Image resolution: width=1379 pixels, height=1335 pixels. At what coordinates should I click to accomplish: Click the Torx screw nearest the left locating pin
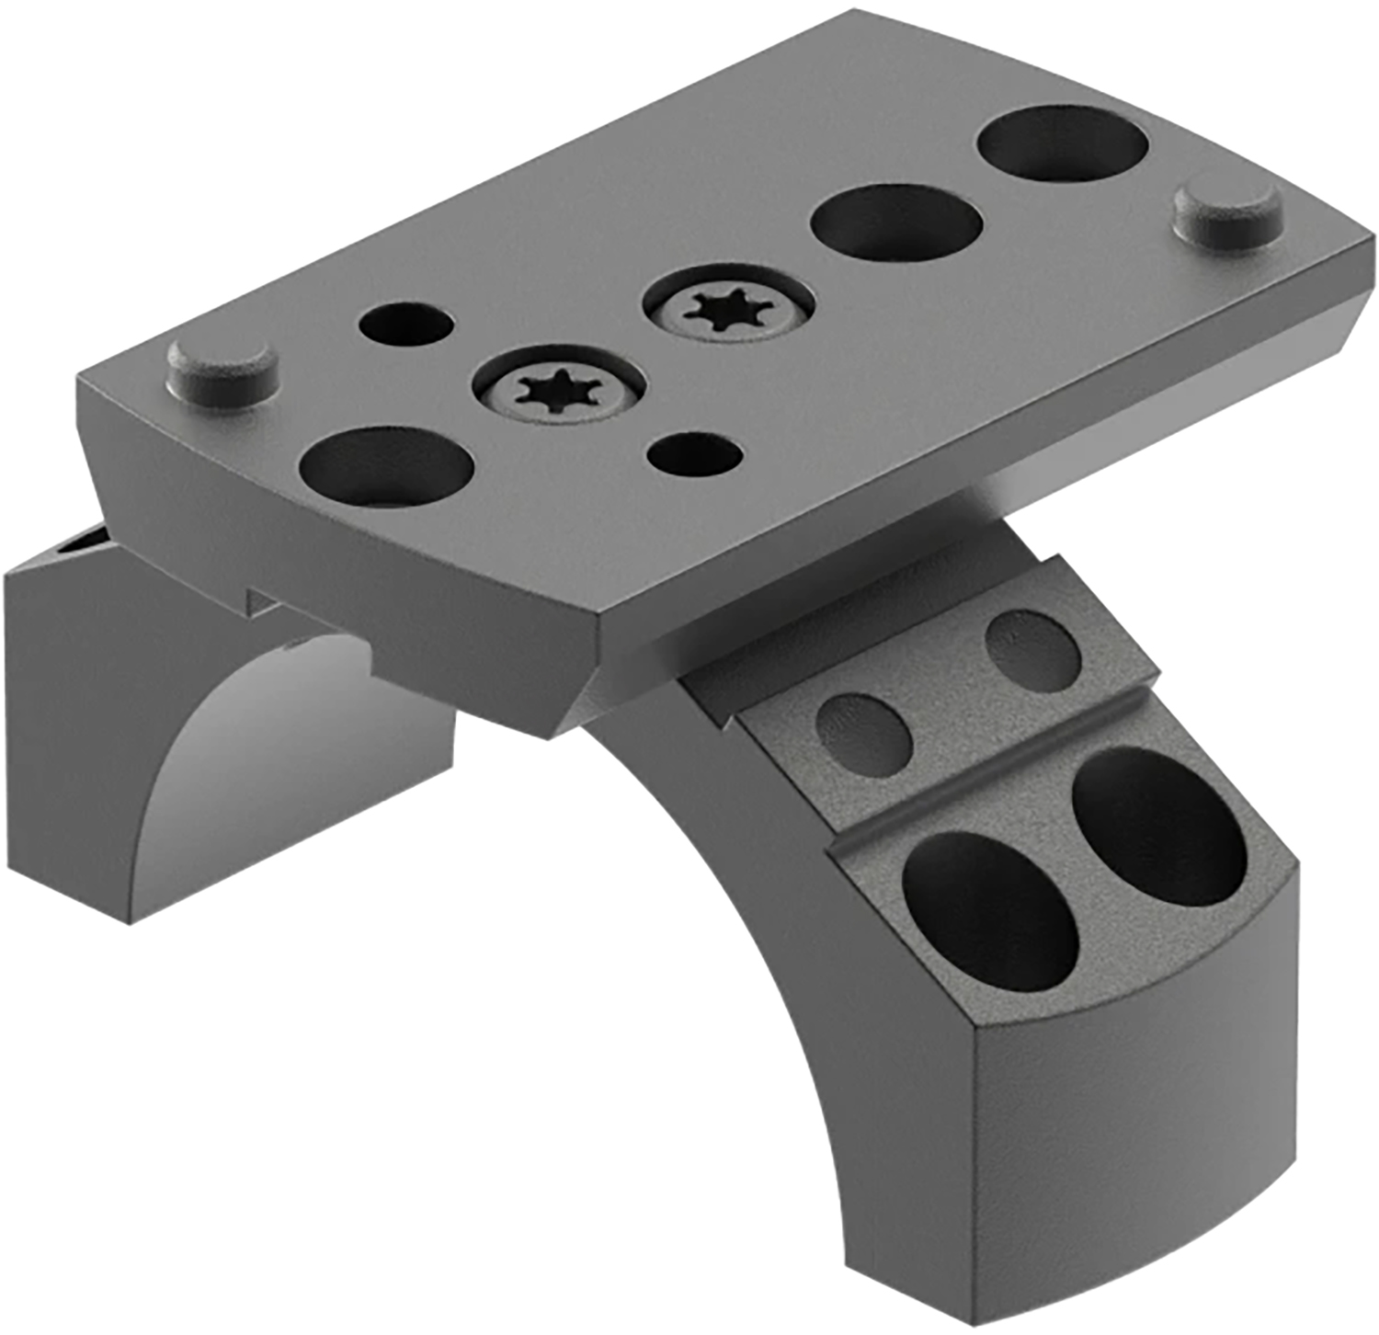click(x=558, y=392)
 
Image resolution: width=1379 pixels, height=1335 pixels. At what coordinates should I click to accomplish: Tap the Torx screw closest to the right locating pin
click(x=729, y=306)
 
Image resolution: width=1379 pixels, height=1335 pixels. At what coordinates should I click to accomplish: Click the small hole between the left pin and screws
click(x=406, y=325)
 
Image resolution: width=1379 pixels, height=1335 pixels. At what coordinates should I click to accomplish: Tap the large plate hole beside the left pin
click(x=387, y=467)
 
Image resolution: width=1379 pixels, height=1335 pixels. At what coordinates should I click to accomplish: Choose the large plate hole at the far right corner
click(x=1062, y=144)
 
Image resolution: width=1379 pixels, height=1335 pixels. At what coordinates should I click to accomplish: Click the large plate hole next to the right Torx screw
click(x=896, y=223)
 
